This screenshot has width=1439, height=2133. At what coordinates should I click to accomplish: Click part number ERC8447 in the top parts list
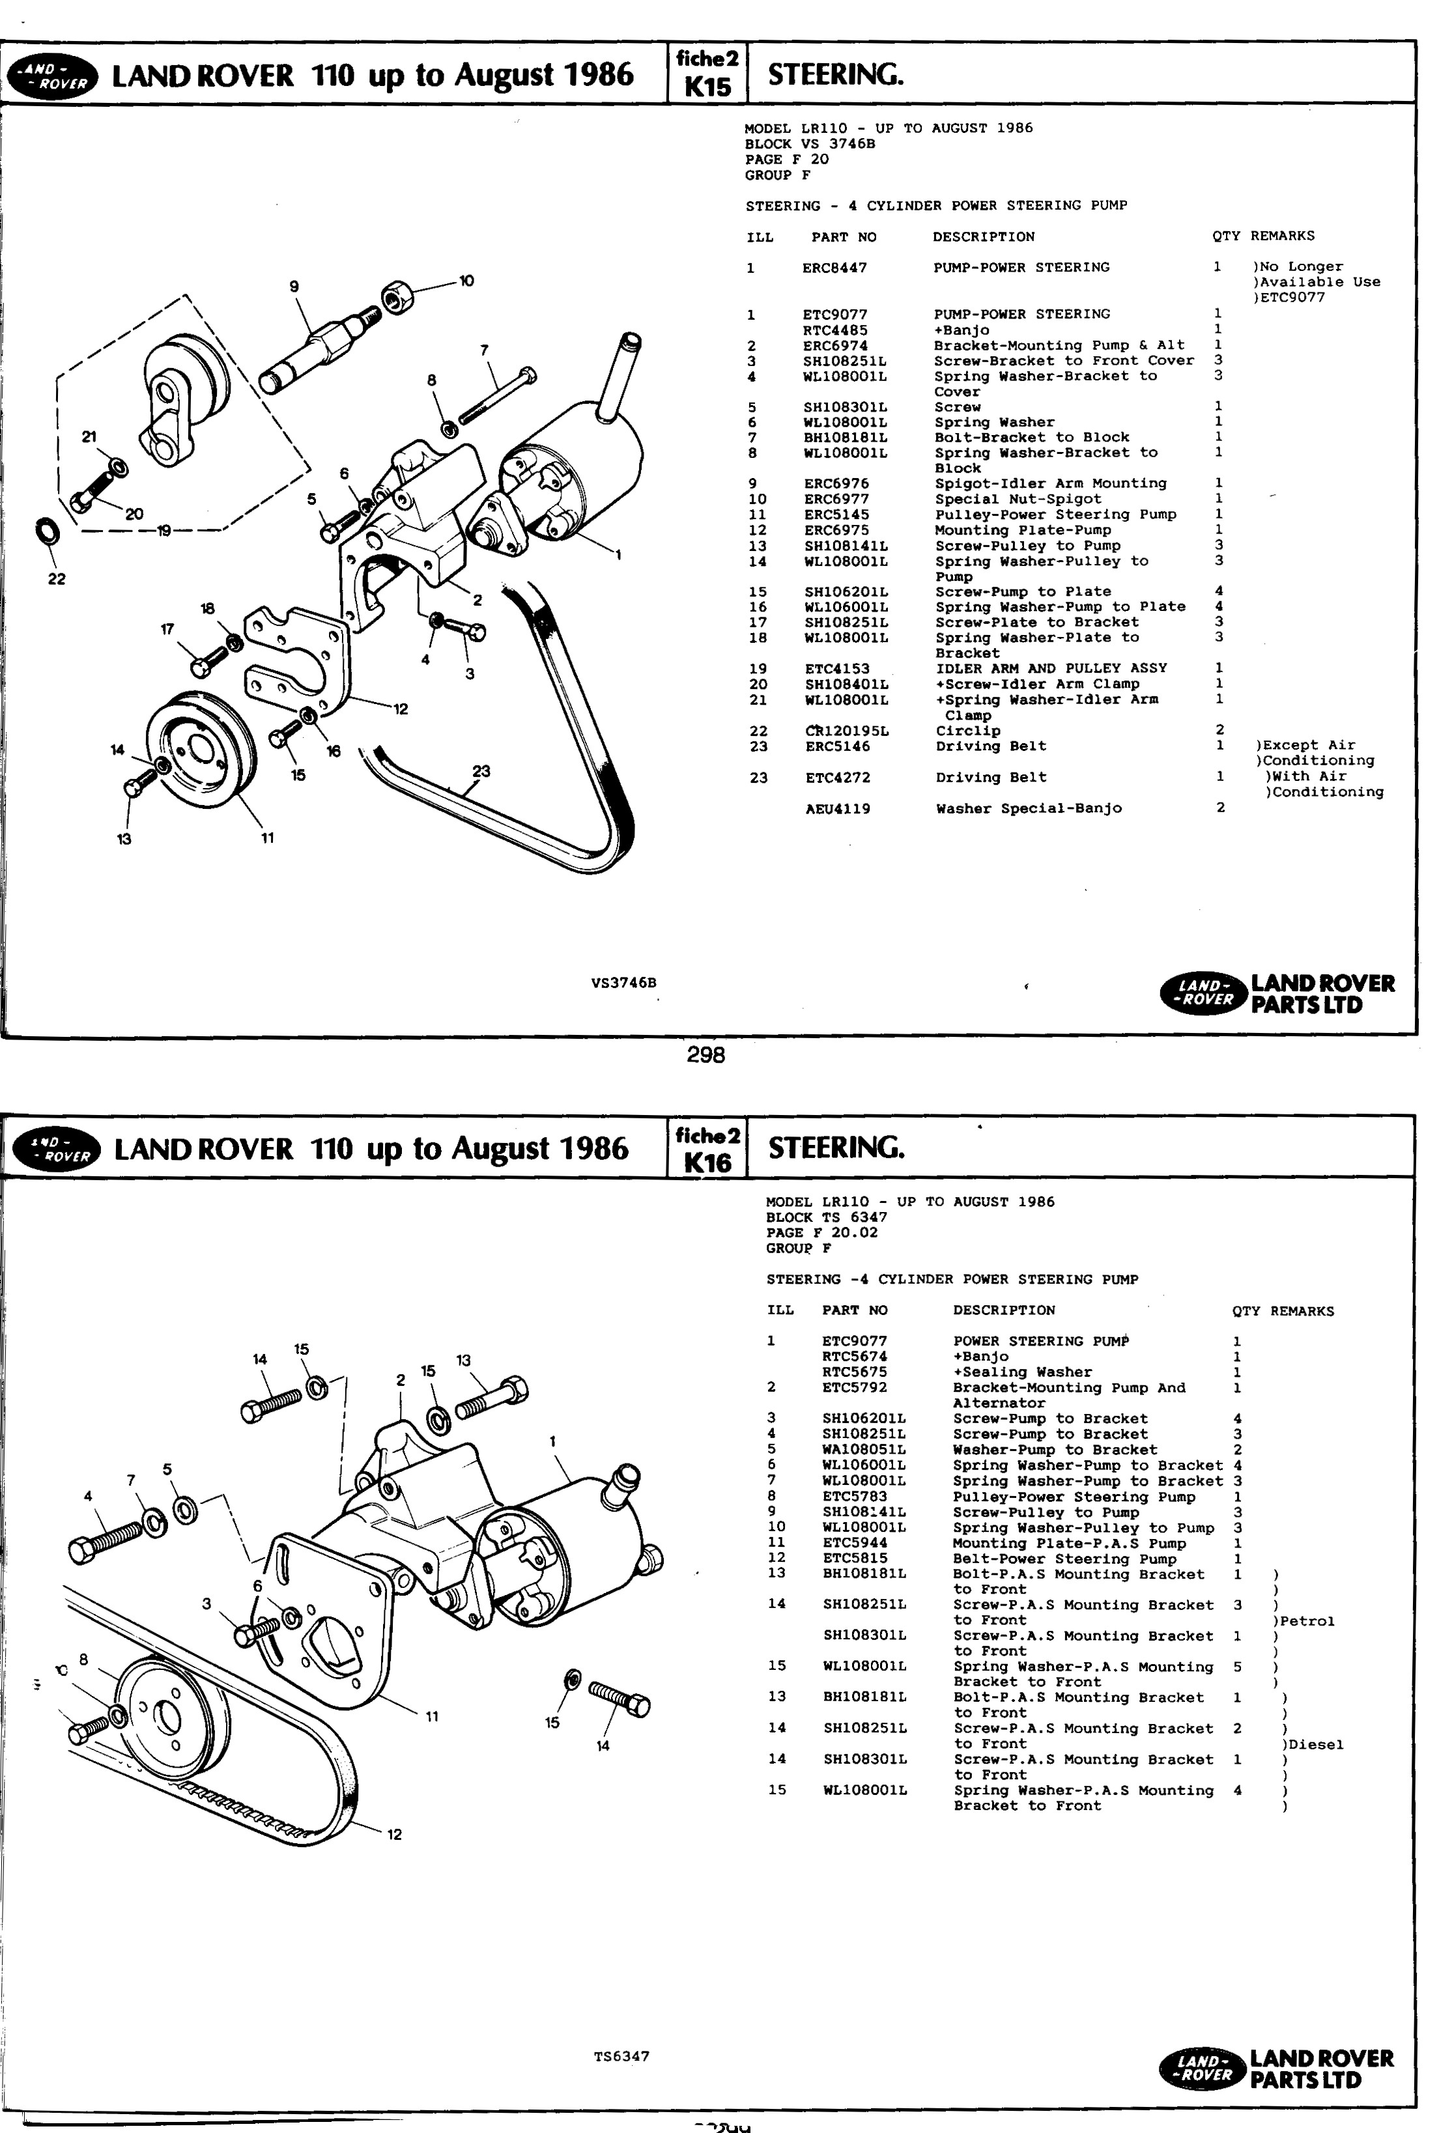point(834,268)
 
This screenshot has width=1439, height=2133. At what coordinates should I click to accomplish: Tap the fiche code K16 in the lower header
point(707,1163)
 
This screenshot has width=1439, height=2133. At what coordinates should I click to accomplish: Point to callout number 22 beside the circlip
point(57,579)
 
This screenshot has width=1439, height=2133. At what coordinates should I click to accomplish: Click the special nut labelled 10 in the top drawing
point(397,296)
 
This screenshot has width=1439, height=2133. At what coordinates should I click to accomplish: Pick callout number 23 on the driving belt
point(481,772)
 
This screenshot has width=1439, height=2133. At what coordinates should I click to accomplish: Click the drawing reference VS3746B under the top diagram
point(624,983)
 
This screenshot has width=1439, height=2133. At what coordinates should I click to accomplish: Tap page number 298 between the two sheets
point(705,1056)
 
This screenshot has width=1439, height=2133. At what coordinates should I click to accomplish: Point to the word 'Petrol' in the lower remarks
point(1307,1621)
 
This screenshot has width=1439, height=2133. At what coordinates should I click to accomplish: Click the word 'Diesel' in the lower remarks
point(1316,1745)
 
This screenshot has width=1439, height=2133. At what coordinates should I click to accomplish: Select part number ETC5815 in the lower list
point(855,1559)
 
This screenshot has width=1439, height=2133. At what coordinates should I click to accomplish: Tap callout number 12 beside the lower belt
point(395,1835)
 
